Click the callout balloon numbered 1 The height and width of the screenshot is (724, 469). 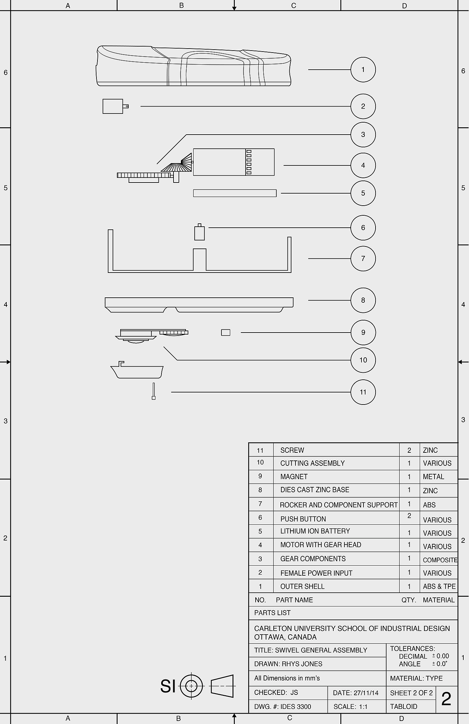pyautogui.click(x=363, y=70)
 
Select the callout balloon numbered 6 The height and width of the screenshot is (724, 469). pyautogui.click(x=363, y=228)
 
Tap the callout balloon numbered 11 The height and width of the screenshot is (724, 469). pyautogui.click(x=363, y=392)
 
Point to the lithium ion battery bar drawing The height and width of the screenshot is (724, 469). pyautogui.click(x=234, y=193)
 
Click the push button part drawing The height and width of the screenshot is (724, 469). pyautogui.click(x=199, y=233)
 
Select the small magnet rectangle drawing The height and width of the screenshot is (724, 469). pyautogui.click(x=226, y=333)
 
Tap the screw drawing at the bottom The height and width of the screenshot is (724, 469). pyautogui.click(x=153, y=391)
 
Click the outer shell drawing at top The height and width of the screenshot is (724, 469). pyautogui.click(x=194, y=66)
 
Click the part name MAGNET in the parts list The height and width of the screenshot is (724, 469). pyautogui.click(x=294, y=477)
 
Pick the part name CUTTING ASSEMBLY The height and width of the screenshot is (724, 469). pyautogui.click(x=312, y=463)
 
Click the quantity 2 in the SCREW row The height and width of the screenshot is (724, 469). pyautogui.click(x=409, y=450)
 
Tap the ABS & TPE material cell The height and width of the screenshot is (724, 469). pyautogui.click(x=439, y=586)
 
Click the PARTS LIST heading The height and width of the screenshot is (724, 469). pyautogui.click(x=272, y=613)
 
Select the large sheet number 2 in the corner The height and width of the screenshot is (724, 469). pyautogui.click(x=446, y=699)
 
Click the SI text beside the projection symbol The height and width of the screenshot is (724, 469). pyautogui.click(x=168, y=686)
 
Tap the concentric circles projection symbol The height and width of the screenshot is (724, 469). pyautogui.click(x=191, y=686)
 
